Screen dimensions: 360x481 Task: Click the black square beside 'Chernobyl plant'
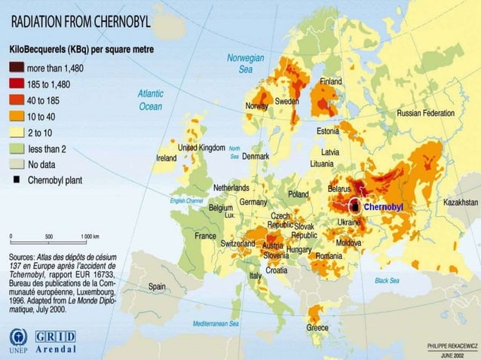pos(16,181)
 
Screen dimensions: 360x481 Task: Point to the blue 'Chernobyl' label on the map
pos(384,206)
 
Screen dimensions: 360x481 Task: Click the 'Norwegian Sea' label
pos(245,63)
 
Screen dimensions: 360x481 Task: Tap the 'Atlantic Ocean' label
pos(150,100)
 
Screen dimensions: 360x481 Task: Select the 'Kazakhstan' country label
pos(460,203)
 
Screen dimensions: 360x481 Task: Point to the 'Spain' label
pos(157,286)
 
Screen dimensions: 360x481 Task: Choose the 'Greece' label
pos(317,328)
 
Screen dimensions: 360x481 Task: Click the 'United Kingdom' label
pos(201,148)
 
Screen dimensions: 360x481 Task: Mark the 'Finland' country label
pos(331,81)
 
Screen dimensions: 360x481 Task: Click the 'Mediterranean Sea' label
pos(216,323)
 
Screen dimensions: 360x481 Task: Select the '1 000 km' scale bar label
pos(90,236)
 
